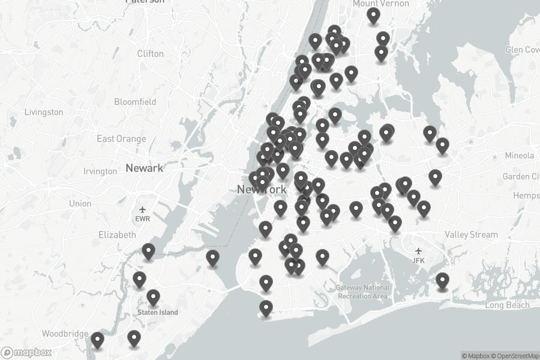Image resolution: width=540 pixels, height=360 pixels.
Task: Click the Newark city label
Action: click(x=144, y=168)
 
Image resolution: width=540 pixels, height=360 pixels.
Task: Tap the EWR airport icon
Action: click(x=142, y=209)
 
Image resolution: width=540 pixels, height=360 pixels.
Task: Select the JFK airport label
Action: click(x=419, y=260)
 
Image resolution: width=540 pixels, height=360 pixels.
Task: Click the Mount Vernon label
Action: click(x=381, y=4)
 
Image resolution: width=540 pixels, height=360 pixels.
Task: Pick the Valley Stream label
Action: click(x=471, y=235)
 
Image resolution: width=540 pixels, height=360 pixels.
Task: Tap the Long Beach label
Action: click(x=507, y=305)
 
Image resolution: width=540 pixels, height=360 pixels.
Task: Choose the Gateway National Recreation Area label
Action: click(x=362, y=292)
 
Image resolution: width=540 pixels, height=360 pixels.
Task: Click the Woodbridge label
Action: click(x=64, y=334)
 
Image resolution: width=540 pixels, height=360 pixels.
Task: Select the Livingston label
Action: click(x=44, y=112)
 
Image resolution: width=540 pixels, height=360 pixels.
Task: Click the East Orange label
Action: click(x=121, y=139)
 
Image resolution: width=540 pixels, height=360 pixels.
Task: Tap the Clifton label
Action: click(x=150, y=53)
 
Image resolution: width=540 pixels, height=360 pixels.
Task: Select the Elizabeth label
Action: click(x=117, y=235)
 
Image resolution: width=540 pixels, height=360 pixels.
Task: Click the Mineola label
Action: click(x=519, y=155)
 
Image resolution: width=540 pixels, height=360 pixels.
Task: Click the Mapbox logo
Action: click(x=26, y=353)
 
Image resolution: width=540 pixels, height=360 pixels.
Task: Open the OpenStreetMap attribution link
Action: click(x=516, y=356)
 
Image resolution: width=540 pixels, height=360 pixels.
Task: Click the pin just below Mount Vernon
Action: click(x=374, y=16)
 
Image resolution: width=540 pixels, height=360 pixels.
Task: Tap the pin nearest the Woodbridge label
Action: click(x=97, y=341)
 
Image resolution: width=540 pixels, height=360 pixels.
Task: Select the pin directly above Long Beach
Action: click(x=442, y=280)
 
